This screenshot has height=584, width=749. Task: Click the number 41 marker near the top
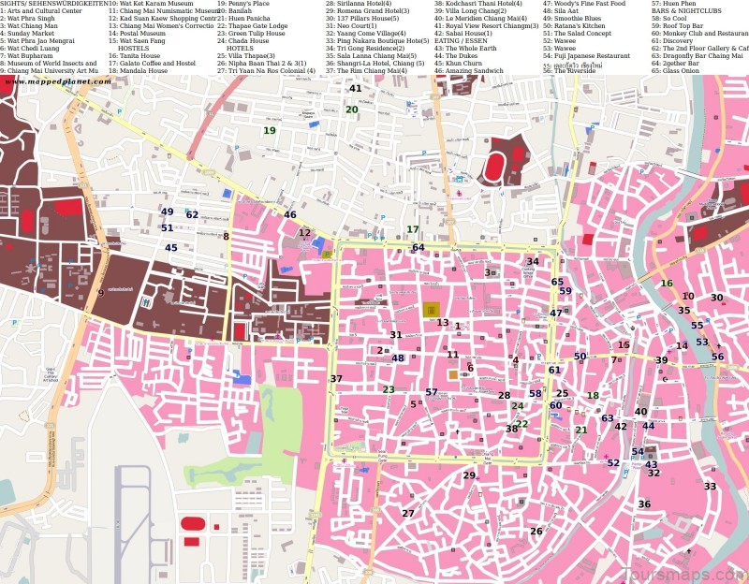[355, 89]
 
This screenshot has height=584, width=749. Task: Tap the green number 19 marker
[270, 131]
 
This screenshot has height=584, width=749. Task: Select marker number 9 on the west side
[100, 294]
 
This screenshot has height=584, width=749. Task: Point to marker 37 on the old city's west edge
[336, 379]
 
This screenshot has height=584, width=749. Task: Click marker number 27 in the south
[408, 514]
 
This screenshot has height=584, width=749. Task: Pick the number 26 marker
[536, 532]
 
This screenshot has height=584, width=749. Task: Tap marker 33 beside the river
[710, 487]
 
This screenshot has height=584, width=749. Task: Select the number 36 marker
[644, 504]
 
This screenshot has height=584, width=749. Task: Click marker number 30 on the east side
[716, 299]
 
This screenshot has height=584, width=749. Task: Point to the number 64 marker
[419, 248]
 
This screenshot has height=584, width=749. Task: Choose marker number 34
[533, 262]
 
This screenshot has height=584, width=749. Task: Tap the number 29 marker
[469, 475]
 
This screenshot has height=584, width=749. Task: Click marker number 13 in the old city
[443, 323]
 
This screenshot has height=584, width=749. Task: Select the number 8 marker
[226, 237]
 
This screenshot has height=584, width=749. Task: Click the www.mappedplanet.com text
[58, 81]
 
